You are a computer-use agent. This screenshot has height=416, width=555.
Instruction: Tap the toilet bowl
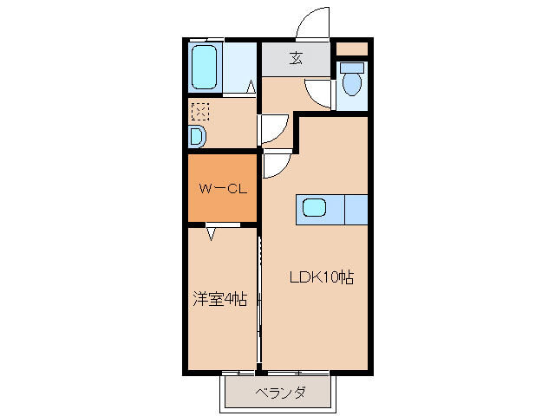(351, 81)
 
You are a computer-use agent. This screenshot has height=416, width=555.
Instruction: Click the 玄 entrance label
(296, 59)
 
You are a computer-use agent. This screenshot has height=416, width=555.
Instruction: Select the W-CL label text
(223, 188)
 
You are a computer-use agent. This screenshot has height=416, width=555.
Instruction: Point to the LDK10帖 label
(321, 278)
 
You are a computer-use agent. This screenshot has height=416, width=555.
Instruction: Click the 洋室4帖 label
(219, 300)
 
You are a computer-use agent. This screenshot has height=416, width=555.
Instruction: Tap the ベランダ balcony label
(280, 393)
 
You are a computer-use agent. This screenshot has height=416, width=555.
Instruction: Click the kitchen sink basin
(314, 208)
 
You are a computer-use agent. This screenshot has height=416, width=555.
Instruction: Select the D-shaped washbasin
(197, 136)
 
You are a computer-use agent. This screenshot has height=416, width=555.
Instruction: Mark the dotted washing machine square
(199, 112)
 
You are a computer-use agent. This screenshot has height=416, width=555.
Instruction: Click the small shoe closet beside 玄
(351, 48)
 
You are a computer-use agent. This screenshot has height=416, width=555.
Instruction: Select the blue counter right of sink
(356, 209)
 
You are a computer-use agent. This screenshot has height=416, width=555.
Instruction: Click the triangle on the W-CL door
(212, 232)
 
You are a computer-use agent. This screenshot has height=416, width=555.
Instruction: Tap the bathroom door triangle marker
(251, 87)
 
